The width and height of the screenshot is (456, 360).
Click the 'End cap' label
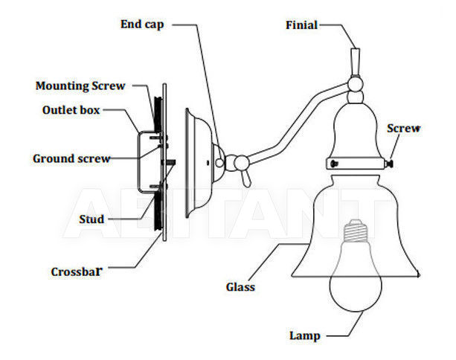[142, 25]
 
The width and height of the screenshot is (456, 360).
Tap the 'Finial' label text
[301, 25]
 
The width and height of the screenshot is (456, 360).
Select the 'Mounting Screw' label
[80, 86]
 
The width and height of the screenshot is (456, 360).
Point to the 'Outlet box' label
[71, 110]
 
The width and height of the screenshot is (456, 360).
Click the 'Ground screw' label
[71, 158]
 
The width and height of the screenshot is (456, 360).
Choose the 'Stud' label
[91, 219]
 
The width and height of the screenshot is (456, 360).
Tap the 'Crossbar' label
[77, 272]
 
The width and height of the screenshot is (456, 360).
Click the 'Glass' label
[240, 287]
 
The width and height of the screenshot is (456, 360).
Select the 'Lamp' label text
[305, 335]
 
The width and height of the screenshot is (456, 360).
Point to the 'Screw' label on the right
[404, 128]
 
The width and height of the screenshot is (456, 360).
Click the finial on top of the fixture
[356, 62]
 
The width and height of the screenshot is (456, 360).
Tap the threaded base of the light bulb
[354, 231]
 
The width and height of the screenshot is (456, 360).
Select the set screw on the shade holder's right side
[389, 164]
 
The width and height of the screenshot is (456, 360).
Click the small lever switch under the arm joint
[245, 179]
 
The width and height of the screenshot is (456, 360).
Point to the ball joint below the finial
[356, 84]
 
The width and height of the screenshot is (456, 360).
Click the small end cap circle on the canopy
[219, 163]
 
